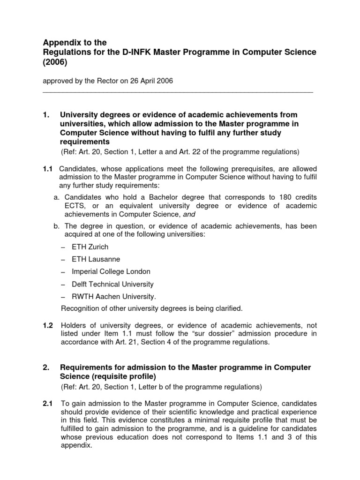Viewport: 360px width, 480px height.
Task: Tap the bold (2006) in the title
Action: coord(54,62)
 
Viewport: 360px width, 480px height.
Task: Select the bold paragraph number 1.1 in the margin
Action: coord(48,168)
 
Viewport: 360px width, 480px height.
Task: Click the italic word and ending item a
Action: coord(190,214)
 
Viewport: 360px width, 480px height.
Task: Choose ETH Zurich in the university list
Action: coord(90,247)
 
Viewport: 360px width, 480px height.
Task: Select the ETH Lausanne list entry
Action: coord(96,259)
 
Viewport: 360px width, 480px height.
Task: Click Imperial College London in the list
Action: coord(111,271)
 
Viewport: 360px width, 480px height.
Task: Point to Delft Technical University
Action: coord(112,284)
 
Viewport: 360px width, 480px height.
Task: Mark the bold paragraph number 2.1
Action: coord(48,404)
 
